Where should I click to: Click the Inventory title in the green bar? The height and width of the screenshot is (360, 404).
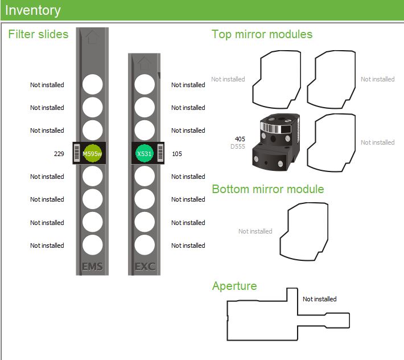pyautogui.click(x=33, y=10)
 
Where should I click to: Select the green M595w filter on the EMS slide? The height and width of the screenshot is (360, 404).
pyautogui.click(x=92, y=153)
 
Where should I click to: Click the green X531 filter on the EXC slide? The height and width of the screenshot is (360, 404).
pyautogui.click(x=145, y=153)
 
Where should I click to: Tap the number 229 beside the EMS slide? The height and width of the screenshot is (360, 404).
pyautogui.click(x=59, y=154)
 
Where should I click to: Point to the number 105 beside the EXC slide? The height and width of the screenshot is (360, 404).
pyautogui.click(x=177, y=154)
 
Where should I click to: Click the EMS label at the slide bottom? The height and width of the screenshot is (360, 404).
pyautogui.click(x=92, y=266)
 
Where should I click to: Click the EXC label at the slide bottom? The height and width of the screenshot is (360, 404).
pyautogui.click(x=145, y=266)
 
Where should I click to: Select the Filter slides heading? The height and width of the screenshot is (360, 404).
pyautogui.click(x=38, y=34)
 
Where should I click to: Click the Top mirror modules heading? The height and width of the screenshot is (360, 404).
pyautogui.click(x=262, y=34)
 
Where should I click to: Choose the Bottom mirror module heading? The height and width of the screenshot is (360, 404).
pyautogui.click(x=268, y=189)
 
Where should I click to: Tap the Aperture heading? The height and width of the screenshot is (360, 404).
pyautogui.click(x=234, y=286)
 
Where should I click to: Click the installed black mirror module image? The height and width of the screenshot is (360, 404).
pyautogui.click(x=277, y=141)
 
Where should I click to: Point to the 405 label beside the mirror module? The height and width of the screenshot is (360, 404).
pyautogui.click(x=240, y=139)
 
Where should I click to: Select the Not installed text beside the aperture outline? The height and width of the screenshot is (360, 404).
pyautogui.click(x=319, y=299)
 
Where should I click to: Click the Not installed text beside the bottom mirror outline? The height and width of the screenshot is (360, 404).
pyautogui.click(x=255, y=231)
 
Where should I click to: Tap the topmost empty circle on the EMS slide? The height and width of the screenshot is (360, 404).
pyautogui.click(x=92, y=84)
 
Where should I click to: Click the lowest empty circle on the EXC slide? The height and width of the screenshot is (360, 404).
pyautogui.click(x=145, y=245)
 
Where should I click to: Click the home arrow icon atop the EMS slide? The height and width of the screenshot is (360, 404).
pyautogui.click(x=92, y=38)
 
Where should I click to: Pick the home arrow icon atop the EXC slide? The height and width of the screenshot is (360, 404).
pyautogui.click(x=145, y=62)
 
